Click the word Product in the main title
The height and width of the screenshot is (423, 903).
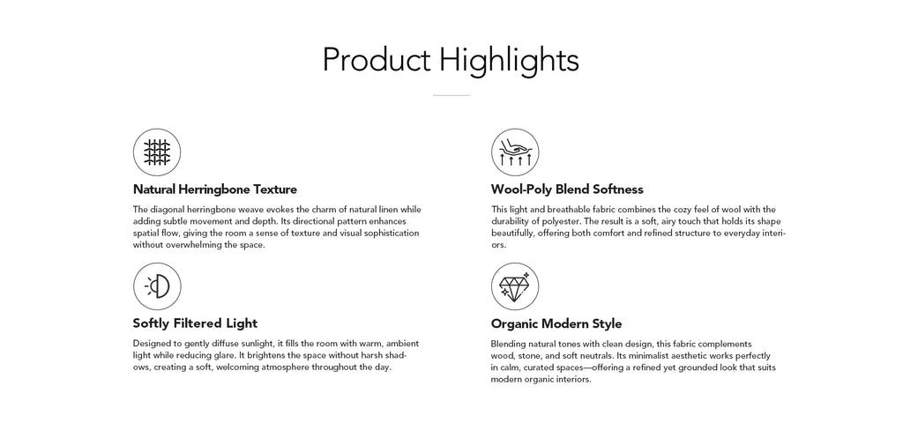[x=376, y=60]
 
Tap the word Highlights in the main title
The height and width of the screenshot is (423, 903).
[x=509, y=61]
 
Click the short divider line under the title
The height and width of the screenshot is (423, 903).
[x=451, y=95]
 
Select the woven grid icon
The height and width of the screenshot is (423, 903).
[x=157, y=152]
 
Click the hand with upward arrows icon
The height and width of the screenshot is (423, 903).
[x=515, y=152]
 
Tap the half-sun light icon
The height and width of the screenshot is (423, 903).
[x=157, y=286]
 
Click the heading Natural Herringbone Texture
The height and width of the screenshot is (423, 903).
[x=215, y=189]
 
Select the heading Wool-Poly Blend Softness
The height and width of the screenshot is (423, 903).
[x=567, y=189]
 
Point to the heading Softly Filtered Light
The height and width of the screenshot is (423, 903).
[x=195, y=323]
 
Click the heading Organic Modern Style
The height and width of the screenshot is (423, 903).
[x=556, y=323]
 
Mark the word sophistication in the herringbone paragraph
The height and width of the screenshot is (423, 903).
[x=392, y=234]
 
